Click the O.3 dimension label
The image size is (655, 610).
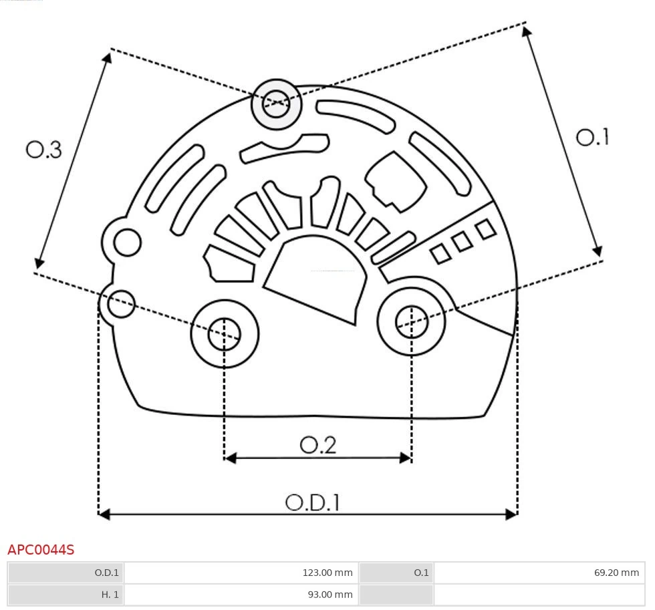coord(44,150)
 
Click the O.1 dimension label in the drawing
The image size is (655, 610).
coord(592,137)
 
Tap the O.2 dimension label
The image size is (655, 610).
coord(317,445)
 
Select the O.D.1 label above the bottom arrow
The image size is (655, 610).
coord(312,502)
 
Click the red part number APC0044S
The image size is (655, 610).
coord(41,550)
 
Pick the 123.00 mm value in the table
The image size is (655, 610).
coord(327,573)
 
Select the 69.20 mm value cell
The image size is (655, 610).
coord(616,573)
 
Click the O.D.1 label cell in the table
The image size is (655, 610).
coord(106,573)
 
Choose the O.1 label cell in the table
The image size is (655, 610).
coord(421,573)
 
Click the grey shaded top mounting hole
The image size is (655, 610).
coord(276,104)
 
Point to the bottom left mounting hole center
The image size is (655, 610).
coord(225,333)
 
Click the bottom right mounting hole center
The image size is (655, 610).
coord(412,323)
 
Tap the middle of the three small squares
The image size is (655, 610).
coord(463,241)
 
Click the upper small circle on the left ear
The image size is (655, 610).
coord(127,243)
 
